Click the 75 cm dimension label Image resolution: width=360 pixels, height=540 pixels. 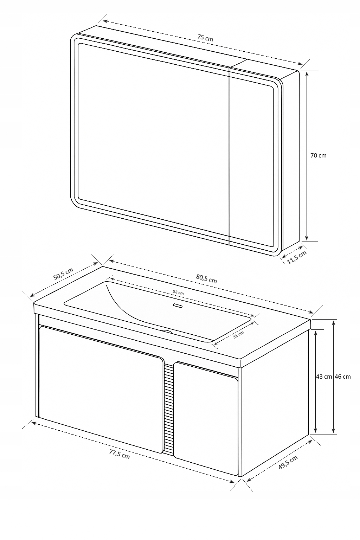tap(205, 38)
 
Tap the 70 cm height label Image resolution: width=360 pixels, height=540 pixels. tap(318, 155)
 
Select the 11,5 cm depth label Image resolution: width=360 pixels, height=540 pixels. tap(297, 257)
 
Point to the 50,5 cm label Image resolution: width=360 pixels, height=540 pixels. tap(63, 274)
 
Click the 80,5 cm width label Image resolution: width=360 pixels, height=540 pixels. tap(206, 279)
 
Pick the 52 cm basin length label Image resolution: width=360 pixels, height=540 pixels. tap(178, 292)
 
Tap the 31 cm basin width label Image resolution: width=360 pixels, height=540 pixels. tap(238, 335)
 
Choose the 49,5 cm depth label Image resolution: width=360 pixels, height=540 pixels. tap(288, 462)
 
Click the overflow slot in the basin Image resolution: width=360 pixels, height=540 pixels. tap(179, 306)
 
